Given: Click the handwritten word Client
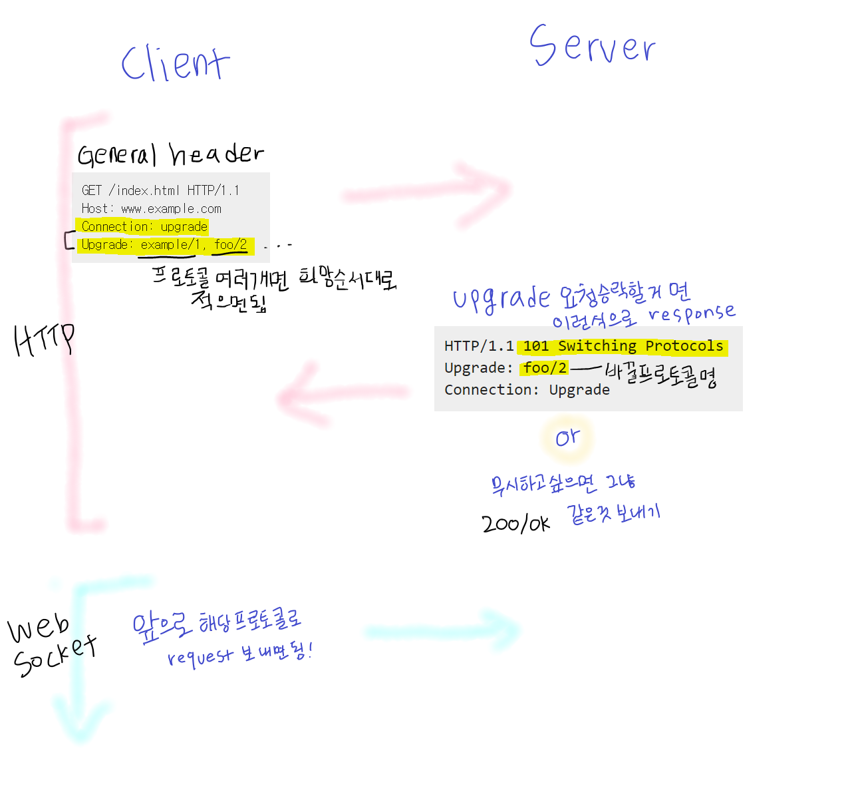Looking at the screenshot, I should click(x=175, y=64).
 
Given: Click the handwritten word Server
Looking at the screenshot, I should click(x=592, y=47).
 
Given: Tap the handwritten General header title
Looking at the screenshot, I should click(x=170, y=154).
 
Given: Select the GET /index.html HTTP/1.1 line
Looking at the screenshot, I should click(x=160, y=191).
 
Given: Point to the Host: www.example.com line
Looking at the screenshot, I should click(x=152, y=209).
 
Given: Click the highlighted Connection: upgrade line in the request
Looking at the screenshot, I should click(x=144, y=227).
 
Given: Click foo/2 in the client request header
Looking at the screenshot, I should click(x=230, y=245).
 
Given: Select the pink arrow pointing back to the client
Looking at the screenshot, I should click(x=343, y=394).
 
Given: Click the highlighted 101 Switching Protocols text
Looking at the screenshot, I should click(x=623, y=346).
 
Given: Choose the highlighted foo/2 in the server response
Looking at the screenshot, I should click(x=545, y=368).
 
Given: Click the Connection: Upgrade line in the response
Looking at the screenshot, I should click(x=527, y=390).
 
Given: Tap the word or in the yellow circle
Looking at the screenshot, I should click(x=567, y=438).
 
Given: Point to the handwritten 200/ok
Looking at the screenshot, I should click(x=515, y=524).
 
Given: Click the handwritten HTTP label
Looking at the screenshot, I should click(x=44, y=339).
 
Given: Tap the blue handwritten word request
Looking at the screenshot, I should click(x=200, y=657).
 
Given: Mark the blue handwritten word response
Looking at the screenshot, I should click(x=692, y=313).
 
